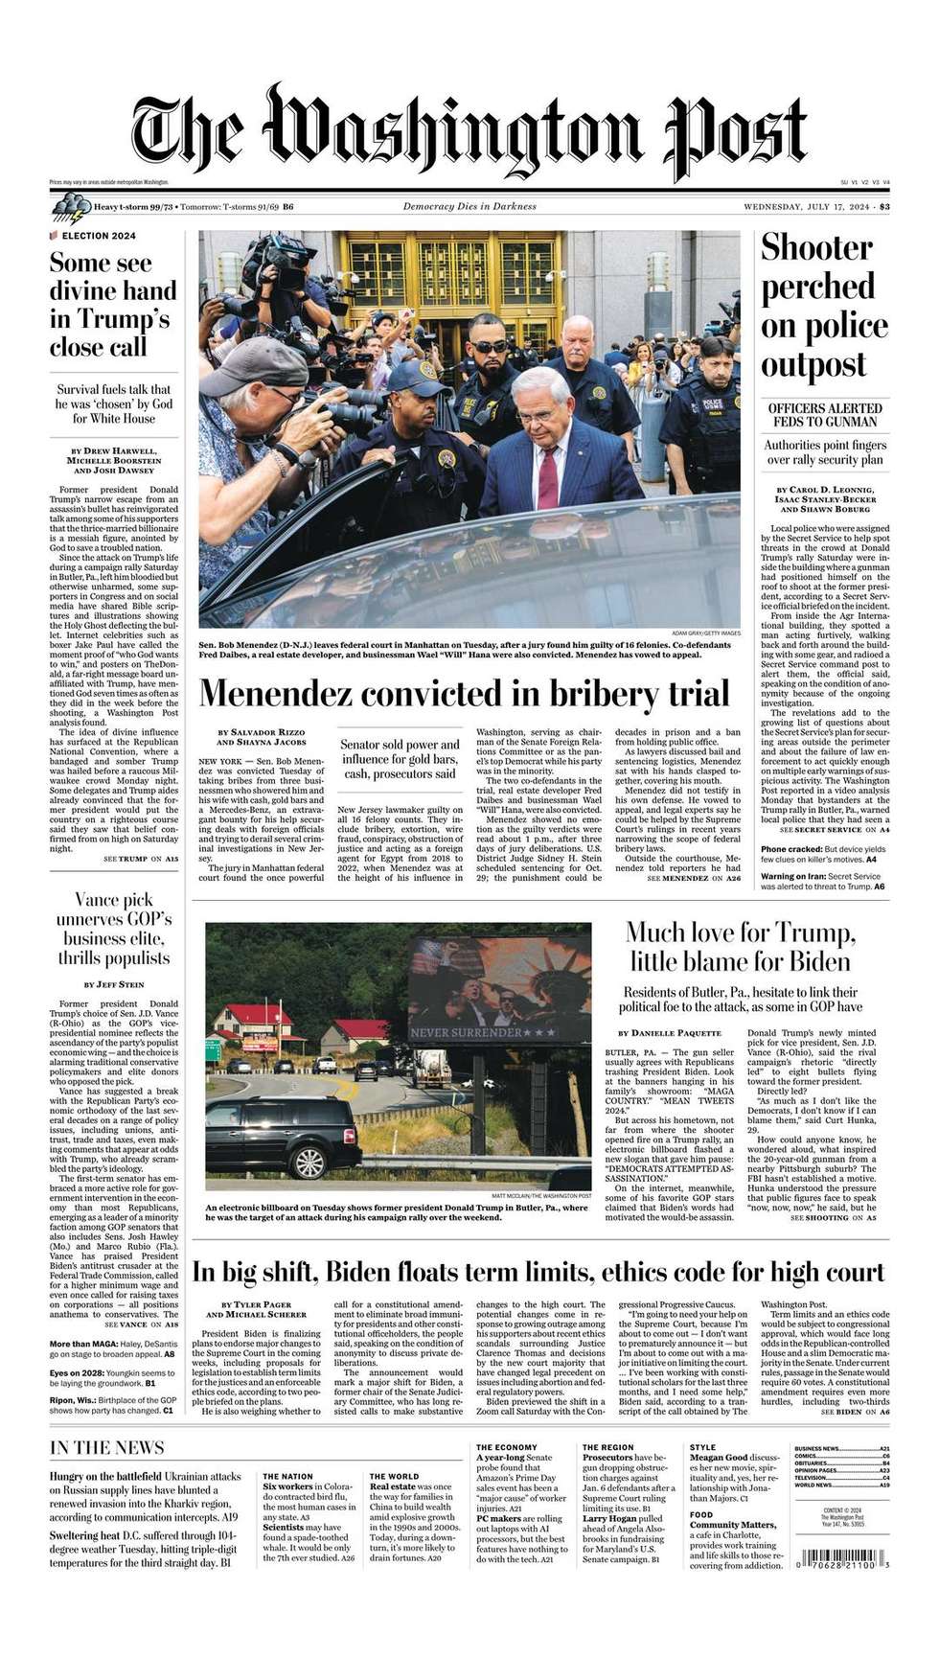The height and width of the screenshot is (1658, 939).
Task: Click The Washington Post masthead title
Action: click(x=469, y=134)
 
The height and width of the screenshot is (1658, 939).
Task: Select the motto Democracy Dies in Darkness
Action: click(x=469, y=207)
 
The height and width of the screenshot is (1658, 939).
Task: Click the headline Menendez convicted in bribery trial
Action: click(x=464, y=693)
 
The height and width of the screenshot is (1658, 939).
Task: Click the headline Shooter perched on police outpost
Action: click(x=824, y=306)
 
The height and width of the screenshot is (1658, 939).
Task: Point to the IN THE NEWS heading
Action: click(x=107, y=1447)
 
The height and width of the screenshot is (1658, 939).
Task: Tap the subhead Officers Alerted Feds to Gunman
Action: click(x=823, y=415)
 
